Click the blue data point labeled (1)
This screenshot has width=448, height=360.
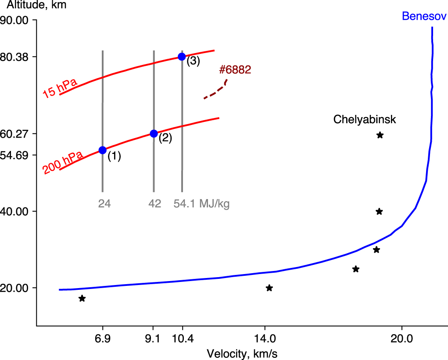point(103,150)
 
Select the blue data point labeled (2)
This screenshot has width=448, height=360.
point(154,133)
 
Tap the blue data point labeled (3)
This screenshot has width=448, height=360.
point(182,57)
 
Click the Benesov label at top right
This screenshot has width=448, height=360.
point(424,17)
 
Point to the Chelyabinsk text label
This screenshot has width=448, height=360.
point(365,119)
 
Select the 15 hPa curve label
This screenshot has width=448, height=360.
point(60,88)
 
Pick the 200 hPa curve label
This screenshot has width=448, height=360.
point(63,163)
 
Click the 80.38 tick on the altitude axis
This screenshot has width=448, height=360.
point(14,57)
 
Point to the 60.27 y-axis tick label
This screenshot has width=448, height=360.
point(14,133)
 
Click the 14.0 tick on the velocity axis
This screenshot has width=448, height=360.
point(265,339)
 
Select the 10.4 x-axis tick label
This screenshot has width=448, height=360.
point(183,339)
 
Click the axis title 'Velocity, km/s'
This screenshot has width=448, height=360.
point(242,353)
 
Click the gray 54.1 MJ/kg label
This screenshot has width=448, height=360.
point(201,204)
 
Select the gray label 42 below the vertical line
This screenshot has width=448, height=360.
point(154,204)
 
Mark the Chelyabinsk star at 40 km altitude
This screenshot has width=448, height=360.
point(380,212)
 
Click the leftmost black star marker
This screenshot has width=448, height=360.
point(82,299)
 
